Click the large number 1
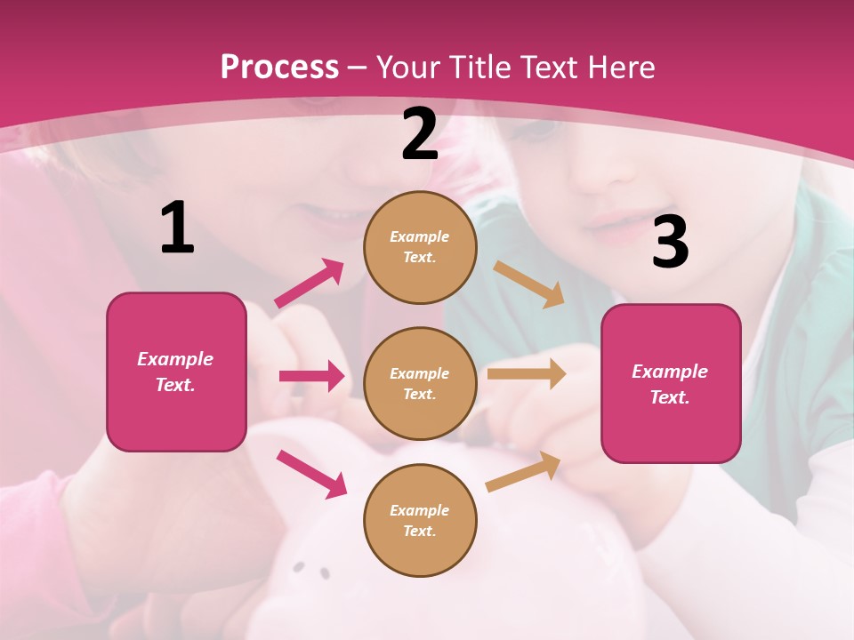pos(177,228)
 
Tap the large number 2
pos(420,134)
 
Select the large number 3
pos(670,243)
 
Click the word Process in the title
pos(279,67)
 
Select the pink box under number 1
pos(176,372)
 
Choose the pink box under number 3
pos(671,383)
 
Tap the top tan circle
pos(420,247)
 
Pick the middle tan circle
pos(420,383)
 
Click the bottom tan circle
pos(420,520)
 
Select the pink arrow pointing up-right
pos(310,283)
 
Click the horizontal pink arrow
pos(311,376)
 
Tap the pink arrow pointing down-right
pos(311,474)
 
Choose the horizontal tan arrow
pos(527,374)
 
